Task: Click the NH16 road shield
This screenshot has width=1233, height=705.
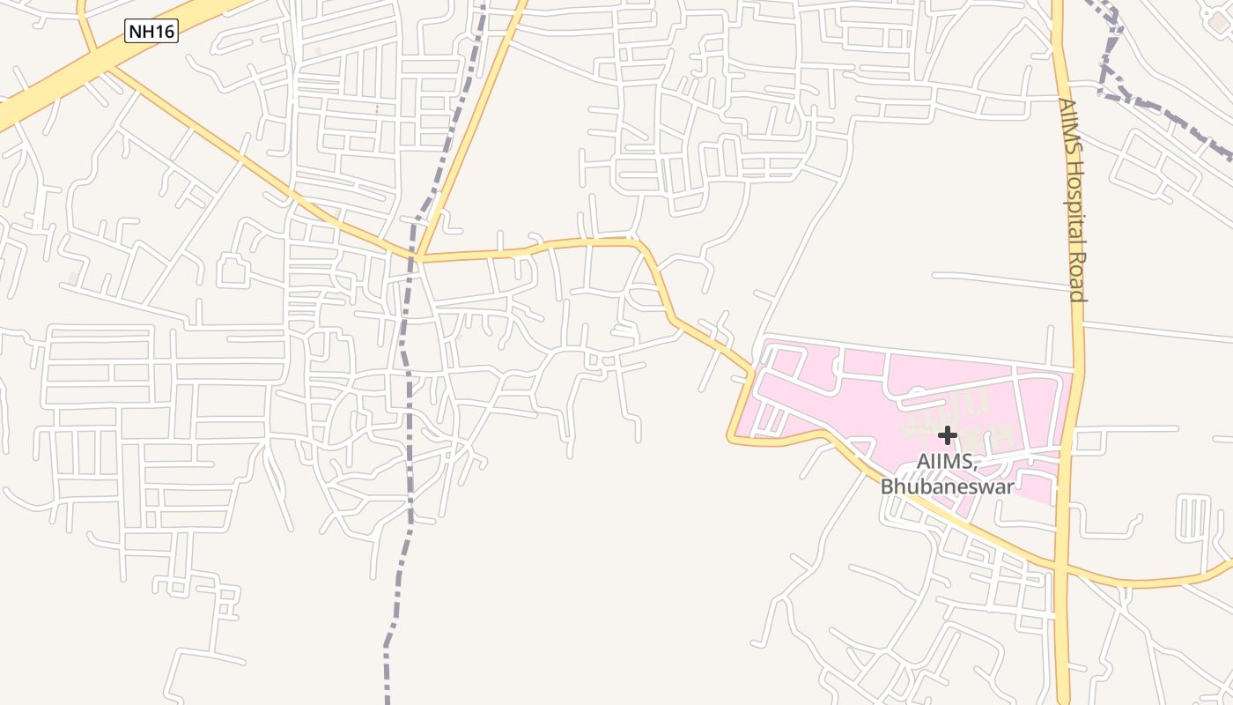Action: pyautogui.click(x=151, y=33)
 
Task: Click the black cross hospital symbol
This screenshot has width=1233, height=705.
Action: pyautogui.click(x=948, y=434)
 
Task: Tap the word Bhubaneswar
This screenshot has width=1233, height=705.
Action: pyautogui.click(x=947, y=486)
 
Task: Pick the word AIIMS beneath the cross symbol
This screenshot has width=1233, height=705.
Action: pyautogui.click(x=947, y=462)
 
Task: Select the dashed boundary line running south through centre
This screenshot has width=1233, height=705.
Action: pyautogui.click(x=409, y=441)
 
